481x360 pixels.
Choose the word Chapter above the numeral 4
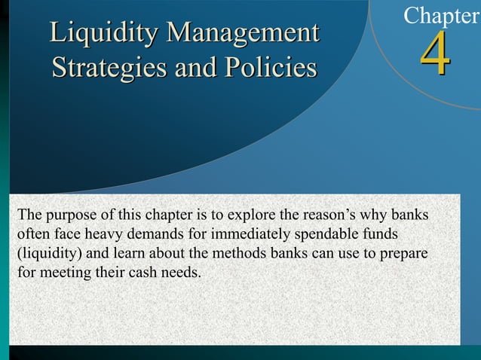click(x=442, y=14)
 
